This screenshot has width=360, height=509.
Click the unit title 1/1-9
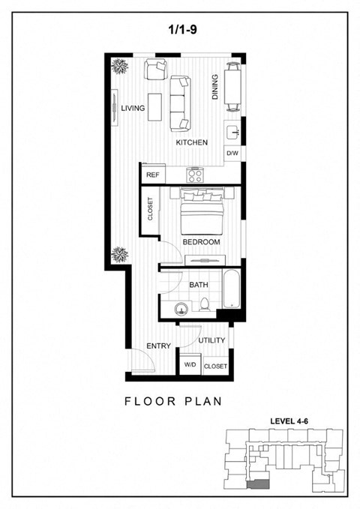(181, 30)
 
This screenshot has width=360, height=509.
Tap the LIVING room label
(133, 109)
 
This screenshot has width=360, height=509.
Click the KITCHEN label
(191, 142)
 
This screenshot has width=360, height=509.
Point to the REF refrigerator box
(153, 175)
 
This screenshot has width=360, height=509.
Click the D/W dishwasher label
(232, 154)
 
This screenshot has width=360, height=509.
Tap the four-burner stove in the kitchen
(196, 175)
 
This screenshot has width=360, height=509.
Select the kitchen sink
(232, 132)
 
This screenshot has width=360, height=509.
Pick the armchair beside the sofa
(156, 71)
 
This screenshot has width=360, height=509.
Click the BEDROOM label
(201, 242)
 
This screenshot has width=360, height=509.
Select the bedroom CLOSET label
(151, 209)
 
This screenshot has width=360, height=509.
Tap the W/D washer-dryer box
(190, 365)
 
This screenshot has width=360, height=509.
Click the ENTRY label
(159, 346)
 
